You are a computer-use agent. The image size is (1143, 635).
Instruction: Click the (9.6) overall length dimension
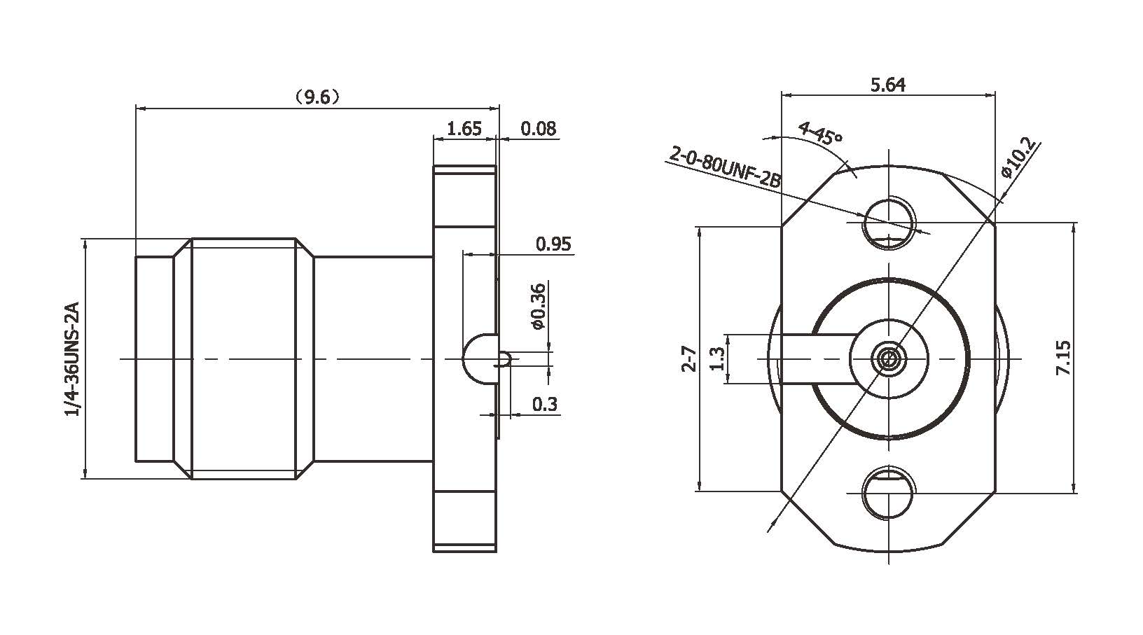317,97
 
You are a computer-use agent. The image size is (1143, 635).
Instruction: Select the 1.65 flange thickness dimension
464,128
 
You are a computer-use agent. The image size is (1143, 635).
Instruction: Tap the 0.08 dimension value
539,128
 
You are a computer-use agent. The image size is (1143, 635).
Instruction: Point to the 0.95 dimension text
553,244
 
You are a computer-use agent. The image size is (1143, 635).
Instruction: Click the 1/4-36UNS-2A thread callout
72,359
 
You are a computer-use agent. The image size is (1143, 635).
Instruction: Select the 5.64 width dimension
887,85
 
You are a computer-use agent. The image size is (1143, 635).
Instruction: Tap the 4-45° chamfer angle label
819,132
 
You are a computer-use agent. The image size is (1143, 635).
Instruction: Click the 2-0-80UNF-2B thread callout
725,165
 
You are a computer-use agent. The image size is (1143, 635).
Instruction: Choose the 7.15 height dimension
1062,358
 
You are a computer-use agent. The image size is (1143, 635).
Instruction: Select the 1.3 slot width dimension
716,358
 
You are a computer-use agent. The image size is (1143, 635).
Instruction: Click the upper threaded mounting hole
889,223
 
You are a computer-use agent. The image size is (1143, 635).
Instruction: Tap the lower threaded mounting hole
889,494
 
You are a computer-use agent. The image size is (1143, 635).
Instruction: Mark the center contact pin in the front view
889,359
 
